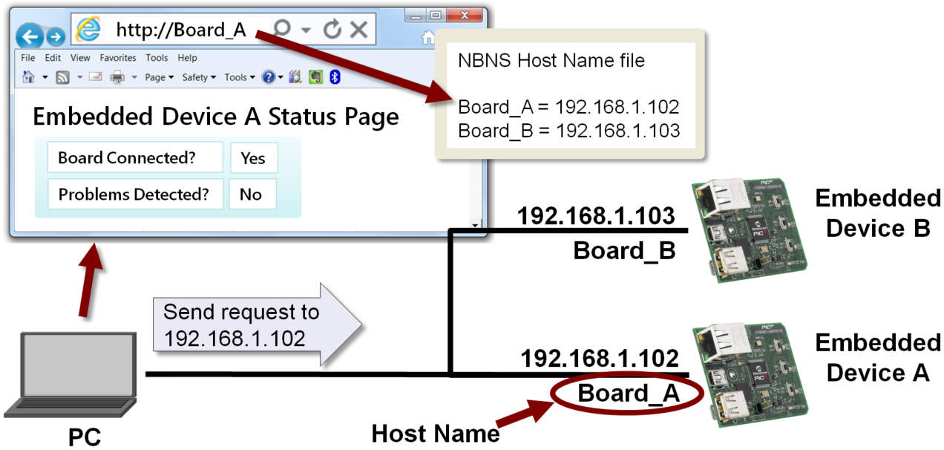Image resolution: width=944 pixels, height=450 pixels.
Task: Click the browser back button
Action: click(29, 36)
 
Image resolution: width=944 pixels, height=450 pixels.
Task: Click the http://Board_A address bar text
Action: click(181, 30)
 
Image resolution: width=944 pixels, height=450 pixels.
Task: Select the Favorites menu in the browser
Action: click(118, 58)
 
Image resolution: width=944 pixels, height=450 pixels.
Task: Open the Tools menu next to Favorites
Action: click(157, 58)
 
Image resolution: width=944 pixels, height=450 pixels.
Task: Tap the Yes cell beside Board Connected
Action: click(253, 158)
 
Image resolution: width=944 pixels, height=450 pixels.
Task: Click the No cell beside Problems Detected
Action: click(251, 195)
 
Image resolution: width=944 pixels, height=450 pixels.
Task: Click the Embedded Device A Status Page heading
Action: click(216, 117)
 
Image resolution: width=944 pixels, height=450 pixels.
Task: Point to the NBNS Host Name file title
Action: click(551, 60)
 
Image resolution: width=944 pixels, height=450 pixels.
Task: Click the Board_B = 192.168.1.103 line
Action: click(568, 131)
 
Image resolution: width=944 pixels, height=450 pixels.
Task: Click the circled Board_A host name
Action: click(628, 394)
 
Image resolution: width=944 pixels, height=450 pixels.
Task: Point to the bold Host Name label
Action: click(436, 432)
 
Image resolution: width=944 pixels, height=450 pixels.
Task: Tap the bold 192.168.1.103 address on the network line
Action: click(595, 216)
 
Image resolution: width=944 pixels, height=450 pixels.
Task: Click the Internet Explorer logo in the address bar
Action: click(89, 29)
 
